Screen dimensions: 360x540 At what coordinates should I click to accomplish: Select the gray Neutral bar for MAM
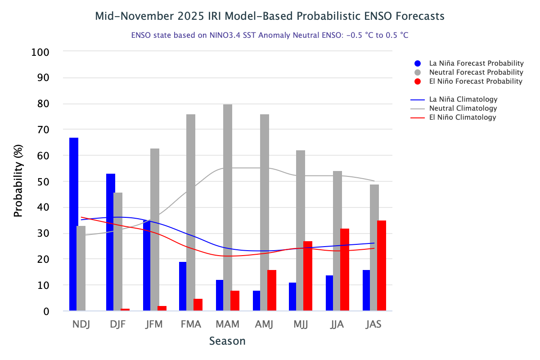coord(228,207)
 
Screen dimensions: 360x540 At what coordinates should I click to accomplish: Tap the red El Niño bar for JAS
coord(382,265)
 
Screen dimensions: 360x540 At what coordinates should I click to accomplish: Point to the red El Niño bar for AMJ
coord(272,290)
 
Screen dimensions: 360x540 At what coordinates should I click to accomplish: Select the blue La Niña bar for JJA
coord(329,293)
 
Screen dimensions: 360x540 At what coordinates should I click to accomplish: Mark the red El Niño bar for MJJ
coord(308,276)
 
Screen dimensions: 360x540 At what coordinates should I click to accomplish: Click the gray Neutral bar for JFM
coord(154,229)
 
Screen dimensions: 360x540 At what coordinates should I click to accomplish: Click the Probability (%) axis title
coord(18,181)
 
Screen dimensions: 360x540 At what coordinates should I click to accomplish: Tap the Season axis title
coord(227,341)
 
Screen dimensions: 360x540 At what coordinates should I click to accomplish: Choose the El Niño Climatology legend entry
coord(463,117)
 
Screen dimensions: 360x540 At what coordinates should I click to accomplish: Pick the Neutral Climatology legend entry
coord(463,108)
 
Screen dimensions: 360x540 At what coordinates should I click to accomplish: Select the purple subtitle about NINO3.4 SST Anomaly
coord(270,35)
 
